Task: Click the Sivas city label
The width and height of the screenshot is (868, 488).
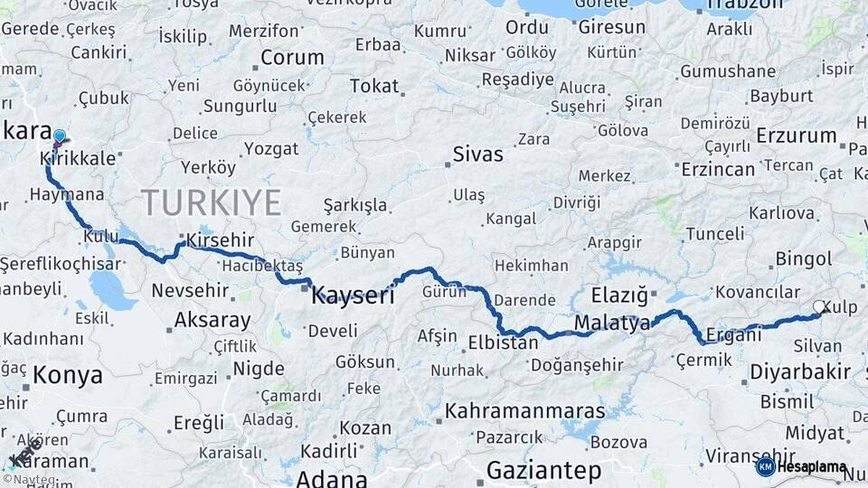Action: (477, 154)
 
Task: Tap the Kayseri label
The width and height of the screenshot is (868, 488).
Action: (353, 295)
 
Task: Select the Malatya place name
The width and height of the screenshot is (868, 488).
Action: (612, 324)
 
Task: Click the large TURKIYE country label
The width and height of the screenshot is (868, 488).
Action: (211, 202)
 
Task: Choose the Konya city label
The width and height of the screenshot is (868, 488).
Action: (64, 374)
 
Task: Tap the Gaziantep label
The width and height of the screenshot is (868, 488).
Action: (543, 471)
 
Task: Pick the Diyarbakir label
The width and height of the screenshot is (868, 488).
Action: (799, 371)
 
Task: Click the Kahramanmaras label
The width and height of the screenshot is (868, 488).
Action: (524, 411)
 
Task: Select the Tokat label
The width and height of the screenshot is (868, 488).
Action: (373, 86)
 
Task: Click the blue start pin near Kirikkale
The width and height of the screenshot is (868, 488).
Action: (60, 137)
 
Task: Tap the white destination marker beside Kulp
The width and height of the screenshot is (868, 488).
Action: (818, 307)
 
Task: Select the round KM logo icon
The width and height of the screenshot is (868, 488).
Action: (765, 467)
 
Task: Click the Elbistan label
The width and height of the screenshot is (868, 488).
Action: (503, 343)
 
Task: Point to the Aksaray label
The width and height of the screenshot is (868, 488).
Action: (212, 320)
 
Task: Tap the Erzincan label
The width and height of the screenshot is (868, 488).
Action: (718, 169)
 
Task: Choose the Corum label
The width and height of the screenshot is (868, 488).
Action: (291, 58)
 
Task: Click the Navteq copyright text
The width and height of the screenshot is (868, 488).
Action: (29, 480)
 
